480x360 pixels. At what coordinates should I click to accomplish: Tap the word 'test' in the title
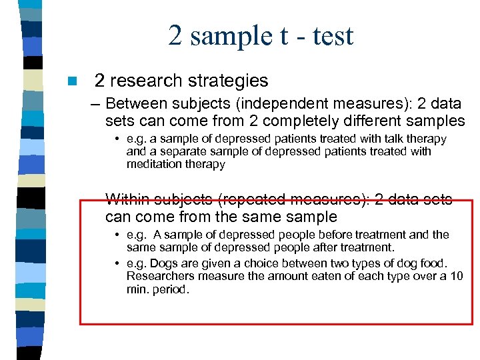click(x=331, y=36)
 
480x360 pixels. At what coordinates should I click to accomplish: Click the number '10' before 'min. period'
click(x=456, y=277)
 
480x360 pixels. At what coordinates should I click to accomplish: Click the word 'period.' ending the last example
click(x=171, y=289)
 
